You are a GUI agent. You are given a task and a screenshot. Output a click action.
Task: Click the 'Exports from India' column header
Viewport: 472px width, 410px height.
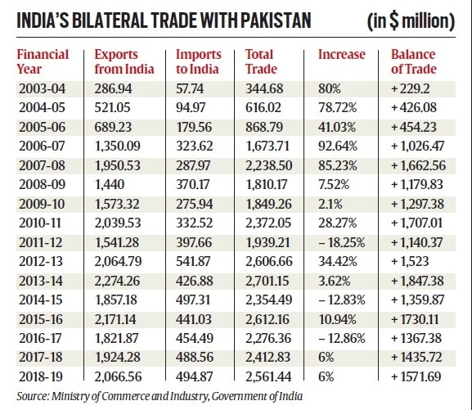click(x=124, y=61)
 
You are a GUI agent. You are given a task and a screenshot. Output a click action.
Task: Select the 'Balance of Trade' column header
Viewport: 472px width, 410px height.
click(x=414, y=61)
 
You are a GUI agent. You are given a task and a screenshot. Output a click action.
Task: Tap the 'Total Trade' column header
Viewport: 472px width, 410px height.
click(x=261, y=61)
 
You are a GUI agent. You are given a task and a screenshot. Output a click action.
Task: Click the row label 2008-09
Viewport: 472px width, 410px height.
click(x=42, y=184)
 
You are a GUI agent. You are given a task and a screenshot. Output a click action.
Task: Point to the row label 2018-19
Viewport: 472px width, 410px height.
click(x=41, y=376)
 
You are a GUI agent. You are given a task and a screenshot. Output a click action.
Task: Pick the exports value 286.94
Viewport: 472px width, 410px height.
click(x=113, y=88)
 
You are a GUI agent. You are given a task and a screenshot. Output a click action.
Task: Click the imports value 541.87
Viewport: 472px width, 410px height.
click(x=193, y=261)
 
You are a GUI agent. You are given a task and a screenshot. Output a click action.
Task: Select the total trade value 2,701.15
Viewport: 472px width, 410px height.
click(x=268, y=281)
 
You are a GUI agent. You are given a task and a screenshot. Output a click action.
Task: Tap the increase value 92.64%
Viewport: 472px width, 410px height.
click(x=338, y=146)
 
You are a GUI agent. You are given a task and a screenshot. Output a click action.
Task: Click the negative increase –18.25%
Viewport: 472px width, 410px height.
click(x=342, y=242)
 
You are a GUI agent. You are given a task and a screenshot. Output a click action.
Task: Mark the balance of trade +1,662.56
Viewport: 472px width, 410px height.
click(x=418, y=165)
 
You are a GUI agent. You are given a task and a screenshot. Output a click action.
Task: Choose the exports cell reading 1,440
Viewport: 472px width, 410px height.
click(x=110, y=184)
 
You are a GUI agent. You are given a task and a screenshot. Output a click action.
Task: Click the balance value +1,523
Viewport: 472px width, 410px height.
click(x=410, y=261)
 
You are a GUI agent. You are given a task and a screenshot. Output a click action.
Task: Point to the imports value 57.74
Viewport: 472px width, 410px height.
click(x=190, y=88)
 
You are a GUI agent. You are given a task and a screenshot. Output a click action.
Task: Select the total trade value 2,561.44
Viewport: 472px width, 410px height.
click(x=268, y=376)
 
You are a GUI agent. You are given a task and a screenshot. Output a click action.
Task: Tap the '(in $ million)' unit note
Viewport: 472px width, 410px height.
click(x=411, y=21)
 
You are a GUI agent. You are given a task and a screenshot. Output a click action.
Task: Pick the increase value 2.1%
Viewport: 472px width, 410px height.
click(x=330, y=204)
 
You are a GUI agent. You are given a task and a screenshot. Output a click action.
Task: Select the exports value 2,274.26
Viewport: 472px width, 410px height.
click(x=117, y=281)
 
